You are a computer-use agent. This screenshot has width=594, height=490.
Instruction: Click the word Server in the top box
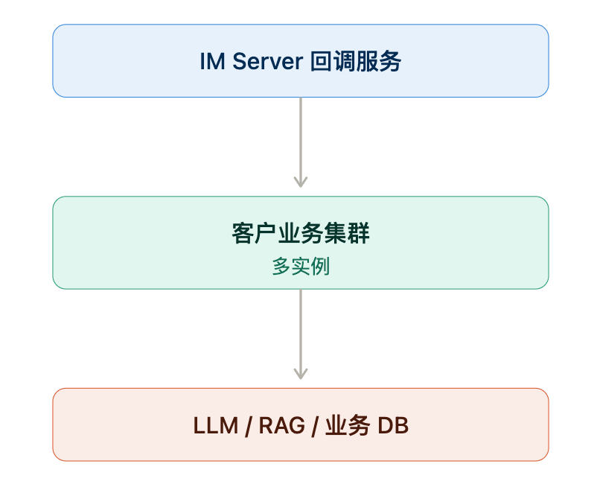point(267,61)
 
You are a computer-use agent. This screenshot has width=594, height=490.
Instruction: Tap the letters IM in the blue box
point(212,61)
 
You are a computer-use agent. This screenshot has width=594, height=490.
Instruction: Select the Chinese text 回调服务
point(356,61)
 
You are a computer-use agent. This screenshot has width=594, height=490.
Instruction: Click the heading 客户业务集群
point(301,233)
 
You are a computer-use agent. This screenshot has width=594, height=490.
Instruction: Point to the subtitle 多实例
point(301,266)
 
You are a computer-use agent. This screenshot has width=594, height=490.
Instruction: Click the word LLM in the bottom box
point(216,425)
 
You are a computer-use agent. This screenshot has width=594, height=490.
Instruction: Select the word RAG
point(282,425)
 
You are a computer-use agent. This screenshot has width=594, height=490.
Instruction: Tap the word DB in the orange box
point(393,425)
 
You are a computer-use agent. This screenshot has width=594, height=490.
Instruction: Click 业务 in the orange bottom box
point(348,425)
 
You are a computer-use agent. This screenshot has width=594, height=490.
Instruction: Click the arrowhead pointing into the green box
point(301,182)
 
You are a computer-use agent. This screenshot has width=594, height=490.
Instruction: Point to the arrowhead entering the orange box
point(301,374)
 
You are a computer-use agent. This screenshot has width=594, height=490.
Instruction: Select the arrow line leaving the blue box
point(301,142)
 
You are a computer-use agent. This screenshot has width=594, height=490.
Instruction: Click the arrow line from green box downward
point(301,334)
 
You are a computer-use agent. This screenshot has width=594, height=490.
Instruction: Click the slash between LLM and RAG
point(249,426)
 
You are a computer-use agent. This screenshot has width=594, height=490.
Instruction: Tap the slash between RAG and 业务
point(315,426)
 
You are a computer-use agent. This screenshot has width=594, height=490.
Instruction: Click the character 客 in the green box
point(243,233)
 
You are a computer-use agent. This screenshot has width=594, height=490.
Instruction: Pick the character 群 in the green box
point(358,233)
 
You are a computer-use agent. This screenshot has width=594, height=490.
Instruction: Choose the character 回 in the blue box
point(322,61)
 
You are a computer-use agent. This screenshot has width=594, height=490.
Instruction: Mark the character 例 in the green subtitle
point(320,266)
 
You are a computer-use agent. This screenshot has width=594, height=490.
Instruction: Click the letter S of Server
point(239,61)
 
